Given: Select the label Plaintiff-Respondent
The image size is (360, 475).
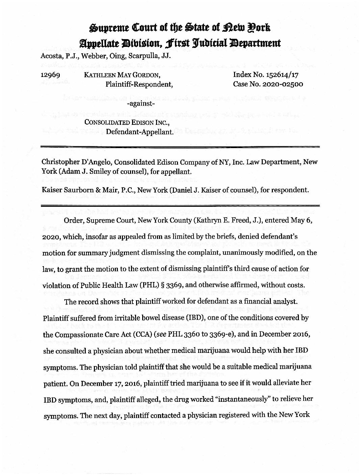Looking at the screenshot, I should coord(139,84).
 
